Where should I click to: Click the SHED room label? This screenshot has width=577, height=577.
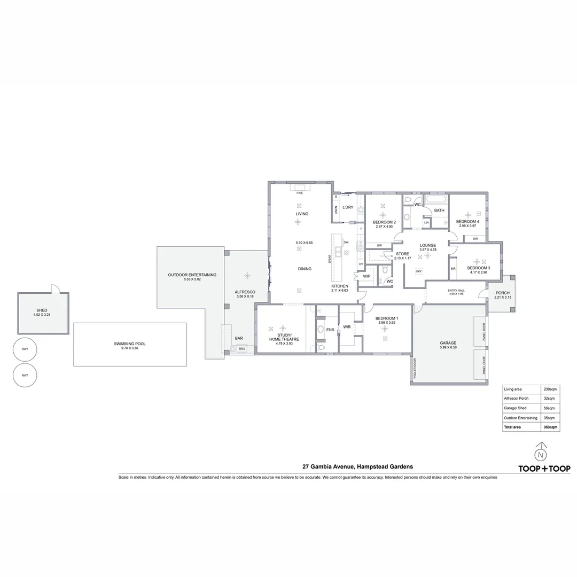[x=42, y=310]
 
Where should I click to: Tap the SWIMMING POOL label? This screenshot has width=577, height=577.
[x=129, y=344]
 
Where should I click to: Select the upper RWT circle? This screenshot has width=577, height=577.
[x=25, y=349]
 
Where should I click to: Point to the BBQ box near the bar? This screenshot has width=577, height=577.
[x=241, y=349]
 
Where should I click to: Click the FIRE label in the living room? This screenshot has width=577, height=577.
[x=299, y=192]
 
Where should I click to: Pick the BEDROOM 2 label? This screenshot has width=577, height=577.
[x=384, y=222]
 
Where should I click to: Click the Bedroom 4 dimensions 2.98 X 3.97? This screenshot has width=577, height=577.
[x=467, y=226]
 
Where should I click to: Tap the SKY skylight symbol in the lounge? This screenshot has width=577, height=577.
[x=418, y=271]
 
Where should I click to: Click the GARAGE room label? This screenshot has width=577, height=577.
[x=448, y=343]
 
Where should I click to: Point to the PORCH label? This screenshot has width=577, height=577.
[x=502, y=293]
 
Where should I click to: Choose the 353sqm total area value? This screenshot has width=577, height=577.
[x=550, y=427]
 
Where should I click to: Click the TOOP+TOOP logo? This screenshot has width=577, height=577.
[x=544, y=469]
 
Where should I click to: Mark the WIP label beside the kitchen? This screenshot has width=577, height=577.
[x=367, y=276]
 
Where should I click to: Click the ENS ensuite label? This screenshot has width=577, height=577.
[x=330, y=330]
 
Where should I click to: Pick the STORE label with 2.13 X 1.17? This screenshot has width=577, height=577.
[x=402, y=254]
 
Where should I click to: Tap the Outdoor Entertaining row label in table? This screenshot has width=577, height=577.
[x=520, y=418]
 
